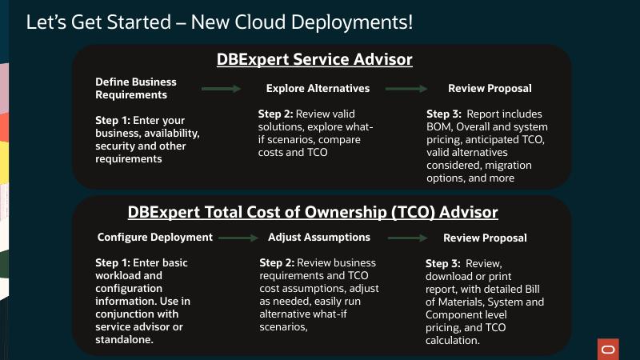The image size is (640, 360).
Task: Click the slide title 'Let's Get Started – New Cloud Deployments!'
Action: coord(219,22)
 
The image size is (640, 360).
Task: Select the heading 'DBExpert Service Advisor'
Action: coord(314,60)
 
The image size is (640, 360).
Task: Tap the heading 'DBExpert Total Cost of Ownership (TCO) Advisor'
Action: coord(313,212)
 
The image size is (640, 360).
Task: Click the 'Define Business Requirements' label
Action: coord(136,88)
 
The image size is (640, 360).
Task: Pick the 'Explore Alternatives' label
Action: coord(318,88)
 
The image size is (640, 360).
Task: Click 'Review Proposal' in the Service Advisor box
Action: coord(490,88)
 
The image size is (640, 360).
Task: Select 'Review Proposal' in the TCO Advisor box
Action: coord(485,238)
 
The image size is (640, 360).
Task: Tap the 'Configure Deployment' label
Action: coord(155,237)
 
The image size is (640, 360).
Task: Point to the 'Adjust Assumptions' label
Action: coord(319,237)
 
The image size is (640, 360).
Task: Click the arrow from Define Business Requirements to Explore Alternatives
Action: coord(221,88)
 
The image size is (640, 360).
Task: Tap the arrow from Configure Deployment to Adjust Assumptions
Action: coord(238,238)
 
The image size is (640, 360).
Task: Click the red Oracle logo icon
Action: coord(608,350)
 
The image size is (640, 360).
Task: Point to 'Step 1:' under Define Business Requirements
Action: coord(115,121)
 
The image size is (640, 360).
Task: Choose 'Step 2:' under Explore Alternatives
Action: coord(277,114)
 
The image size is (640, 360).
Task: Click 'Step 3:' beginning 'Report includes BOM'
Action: coord(444,114)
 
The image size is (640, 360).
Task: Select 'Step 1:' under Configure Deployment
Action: coord(115,262)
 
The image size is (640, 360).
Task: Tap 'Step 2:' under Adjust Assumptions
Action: coord(278,262)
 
